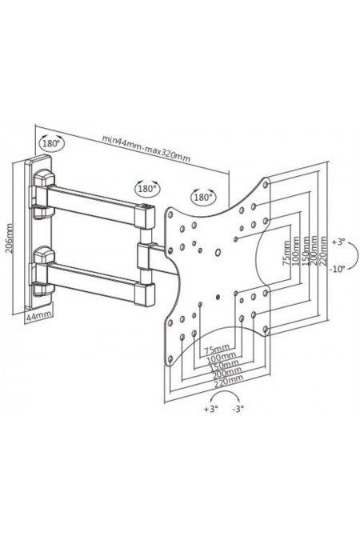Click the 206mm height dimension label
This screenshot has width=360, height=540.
(10, 238)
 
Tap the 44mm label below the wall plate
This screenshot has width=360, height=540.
(38, 315)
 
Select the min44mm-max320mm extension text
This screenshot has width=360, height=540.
(146, 148)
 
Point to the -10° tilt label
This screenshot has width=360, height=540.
(337, 269)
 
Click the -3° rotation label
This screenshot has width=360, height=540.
(238, 409)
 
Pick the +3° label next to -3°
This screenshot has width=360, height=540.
(211, 409)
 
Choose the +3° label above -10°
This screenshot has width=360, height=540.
(338, 242)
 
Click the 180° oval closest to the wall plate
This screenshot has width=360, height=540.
(51, 142)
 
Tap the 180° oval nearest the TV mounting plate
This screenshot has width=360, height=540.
(202, 197)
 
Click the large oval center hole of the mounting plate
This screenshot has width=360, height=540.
(218, 253)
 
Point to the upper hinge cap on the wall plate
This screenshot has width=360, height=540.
(44, 178)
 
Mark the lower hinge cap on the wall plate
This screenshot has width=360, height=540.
(44, 255)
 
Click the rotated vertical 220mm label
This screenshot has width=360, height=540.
(322, 250)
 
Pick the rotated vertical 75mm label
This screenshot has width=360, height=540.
(286, 253)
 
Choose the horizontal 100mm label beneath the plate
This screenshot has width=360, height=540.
(221, 358)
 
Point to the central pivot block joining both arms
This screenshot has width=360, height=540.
(145, 255)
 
